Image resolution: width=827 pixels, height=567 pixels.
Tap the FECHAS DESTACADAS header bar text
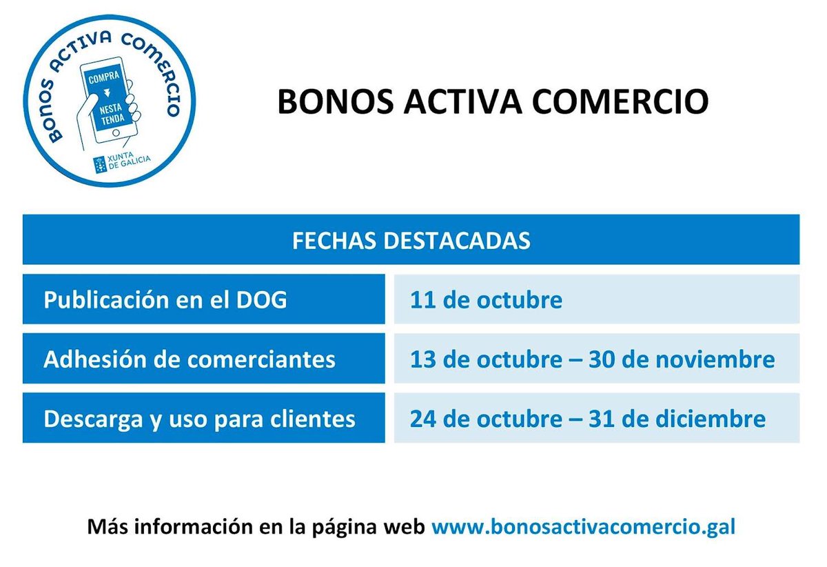411,241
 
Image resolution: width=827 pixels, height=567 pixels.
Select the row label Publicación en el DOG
165,300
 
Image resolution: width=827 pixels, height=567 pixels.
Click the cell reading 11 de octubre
486,300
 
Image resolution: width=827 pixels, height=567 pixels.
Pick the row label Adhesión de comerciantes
190,359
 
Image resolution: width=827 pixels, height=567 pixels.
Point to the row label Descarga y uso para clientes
199,419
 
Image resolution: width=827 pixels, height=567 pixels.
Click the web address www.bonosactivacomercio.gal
583,527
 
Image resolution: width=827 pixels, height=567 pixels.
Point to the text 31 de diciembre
677,419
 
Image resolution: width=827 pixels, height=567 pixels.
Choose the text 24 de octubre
486,419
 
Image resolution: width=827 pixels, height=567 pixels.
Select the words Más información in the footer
170,527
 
